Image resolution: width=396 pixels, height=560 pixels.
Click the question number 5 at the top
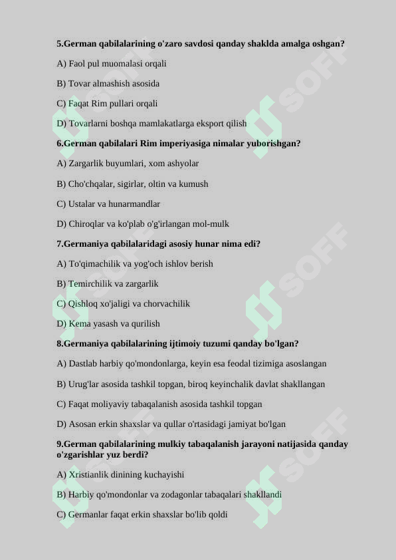59,44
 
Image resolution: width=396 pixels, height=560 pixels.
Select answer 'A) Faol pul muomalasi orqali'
112,64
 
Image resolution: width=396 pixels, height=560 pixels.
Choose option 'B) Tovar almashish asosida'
108,84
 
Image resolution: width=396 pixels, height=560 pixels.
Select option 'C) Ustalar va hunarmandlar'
108,204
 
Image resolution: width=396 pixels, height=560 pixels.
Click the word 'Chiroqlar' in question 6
86,224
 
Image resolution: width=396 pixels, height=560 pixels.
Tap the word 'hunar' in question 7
192,244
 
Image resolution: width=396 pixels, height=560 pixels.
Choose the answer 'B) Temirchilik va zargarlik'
108,284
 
